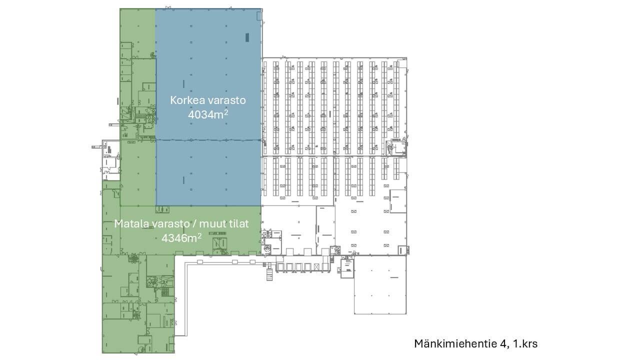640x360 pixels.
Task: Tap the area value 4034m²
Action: (208, 114)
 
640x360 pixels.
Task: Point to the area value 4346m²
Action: (181, 237)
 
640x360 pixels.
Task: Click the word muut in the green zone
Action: (211, 224)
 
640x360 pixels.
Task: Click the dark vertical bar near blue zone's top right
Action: (247, 37)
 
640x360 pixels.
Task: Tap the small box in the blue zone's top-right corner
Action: (259, 16)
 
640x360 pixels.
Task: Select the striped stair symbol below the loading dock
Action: (269, 274)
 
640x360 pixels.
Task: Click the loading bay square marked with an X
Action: (316, 267)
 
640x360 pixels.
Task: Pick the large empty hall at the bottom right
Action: (380, 285)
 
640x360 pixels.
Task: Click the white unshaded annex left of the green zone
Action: (111, 160)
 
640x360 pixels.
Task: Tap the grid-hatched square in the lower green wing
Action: (165, 291)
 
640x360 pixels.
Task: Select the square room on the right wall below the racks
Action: (398, 201)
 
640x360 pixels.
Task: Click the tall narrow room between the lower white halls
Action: (325, 230)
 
